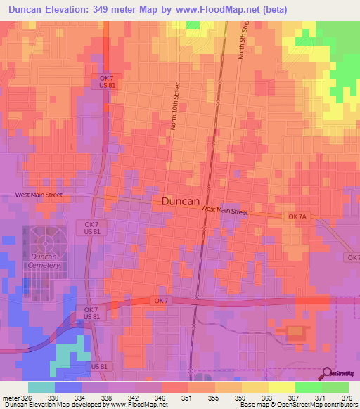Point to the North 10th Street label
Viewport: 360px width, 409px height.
[x=174, y=105]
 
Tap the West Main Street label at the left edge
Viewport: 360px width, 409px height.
[x=44, y=195]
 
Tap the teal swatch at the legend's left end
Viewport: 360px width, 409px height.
[x=41, y=387]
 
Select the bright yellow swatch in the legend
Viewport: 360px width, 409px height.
[x=281, y=387]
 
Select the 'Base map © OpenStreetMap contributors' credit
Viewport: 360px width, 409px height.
[x=298, y=405]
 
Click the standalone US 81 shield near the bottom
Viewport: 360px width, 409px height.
[x=100, y=367]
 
